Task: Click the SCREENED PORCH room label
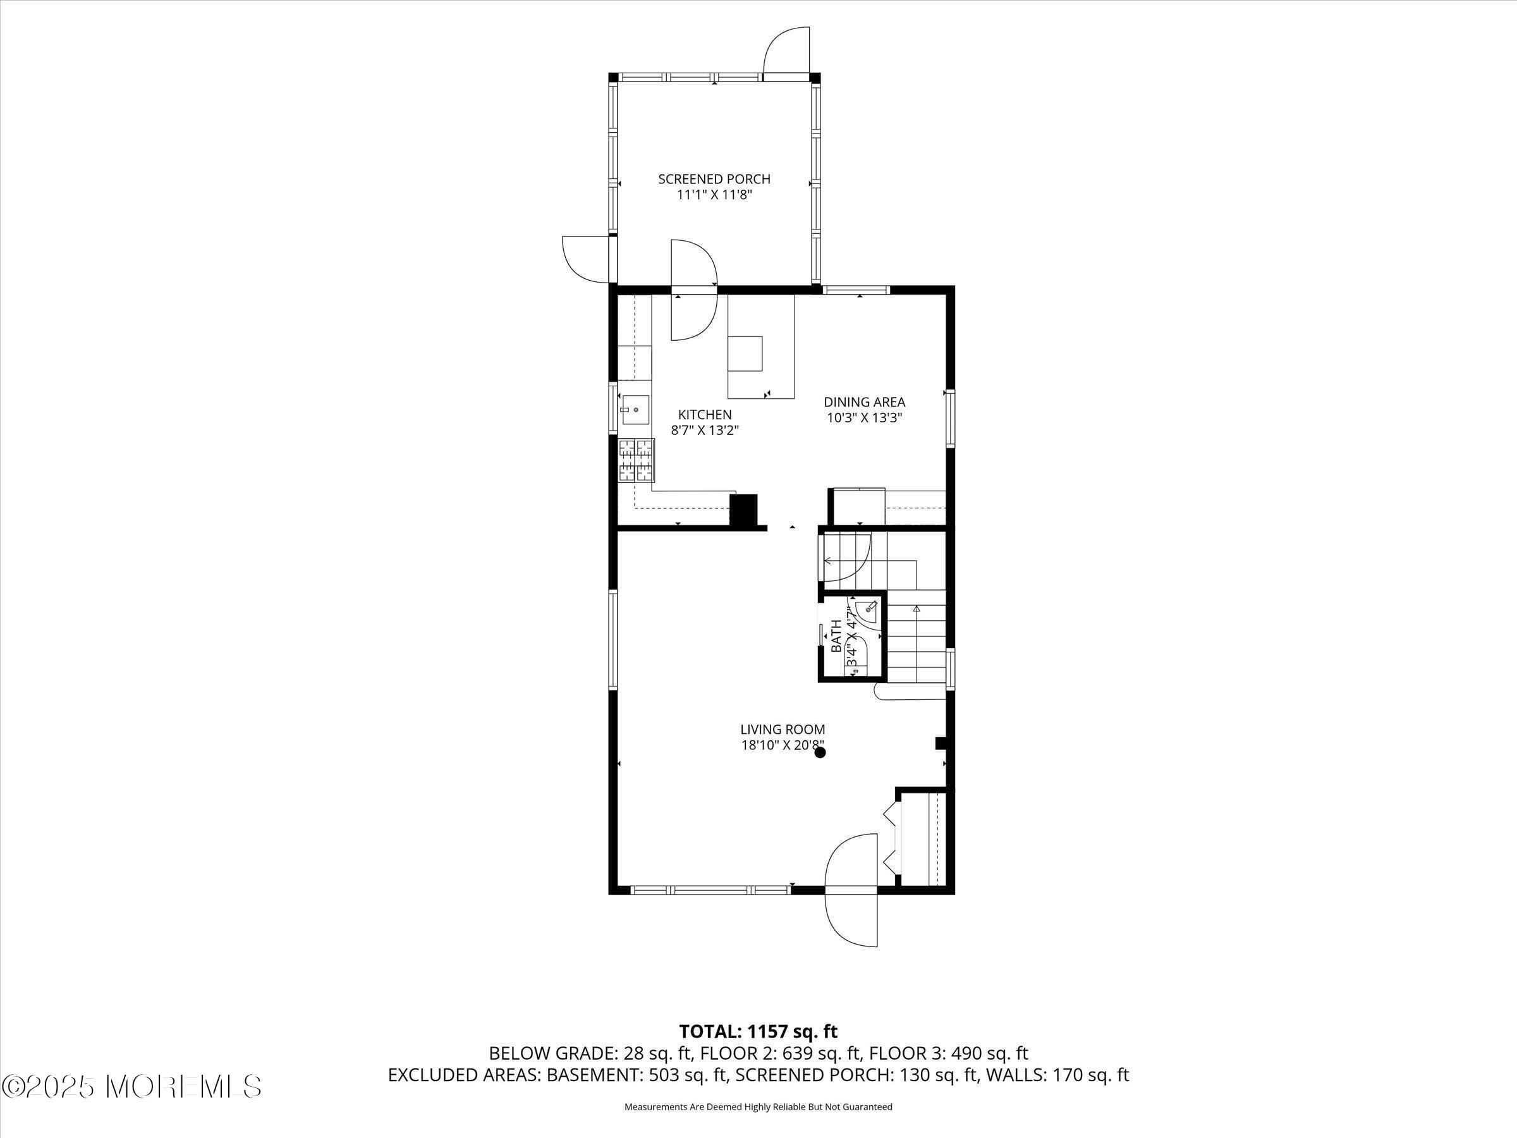[714, 179]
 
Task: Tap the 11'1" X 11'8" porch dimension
[714, 195]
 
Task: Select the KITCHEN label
[704, 414]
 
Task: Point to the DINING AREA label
[864, 402]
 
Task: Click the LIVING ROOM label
[782, 729]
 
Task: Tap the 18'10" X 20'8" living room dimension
[782, 745]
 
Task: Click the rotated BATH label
[836, 636]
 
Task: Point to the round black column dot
[820, 752]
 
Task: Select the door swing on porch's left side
[585, 259]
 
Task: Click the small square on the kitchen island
[745, 353]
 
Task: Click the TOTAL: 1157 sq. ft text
[758, 1032]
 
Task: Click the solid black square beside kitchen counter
[743, 510]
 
